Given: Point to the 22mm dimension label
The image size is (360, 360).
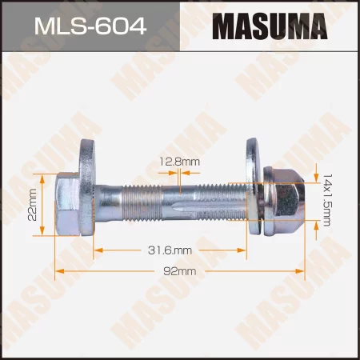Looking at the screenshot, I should [x=32, y=204].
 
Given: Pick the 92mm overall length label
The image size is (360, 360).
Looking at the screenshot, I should [x=181, y=272].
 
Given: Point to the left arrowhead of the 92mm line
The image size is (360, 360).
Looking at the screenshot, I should [x=58, y=272].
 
